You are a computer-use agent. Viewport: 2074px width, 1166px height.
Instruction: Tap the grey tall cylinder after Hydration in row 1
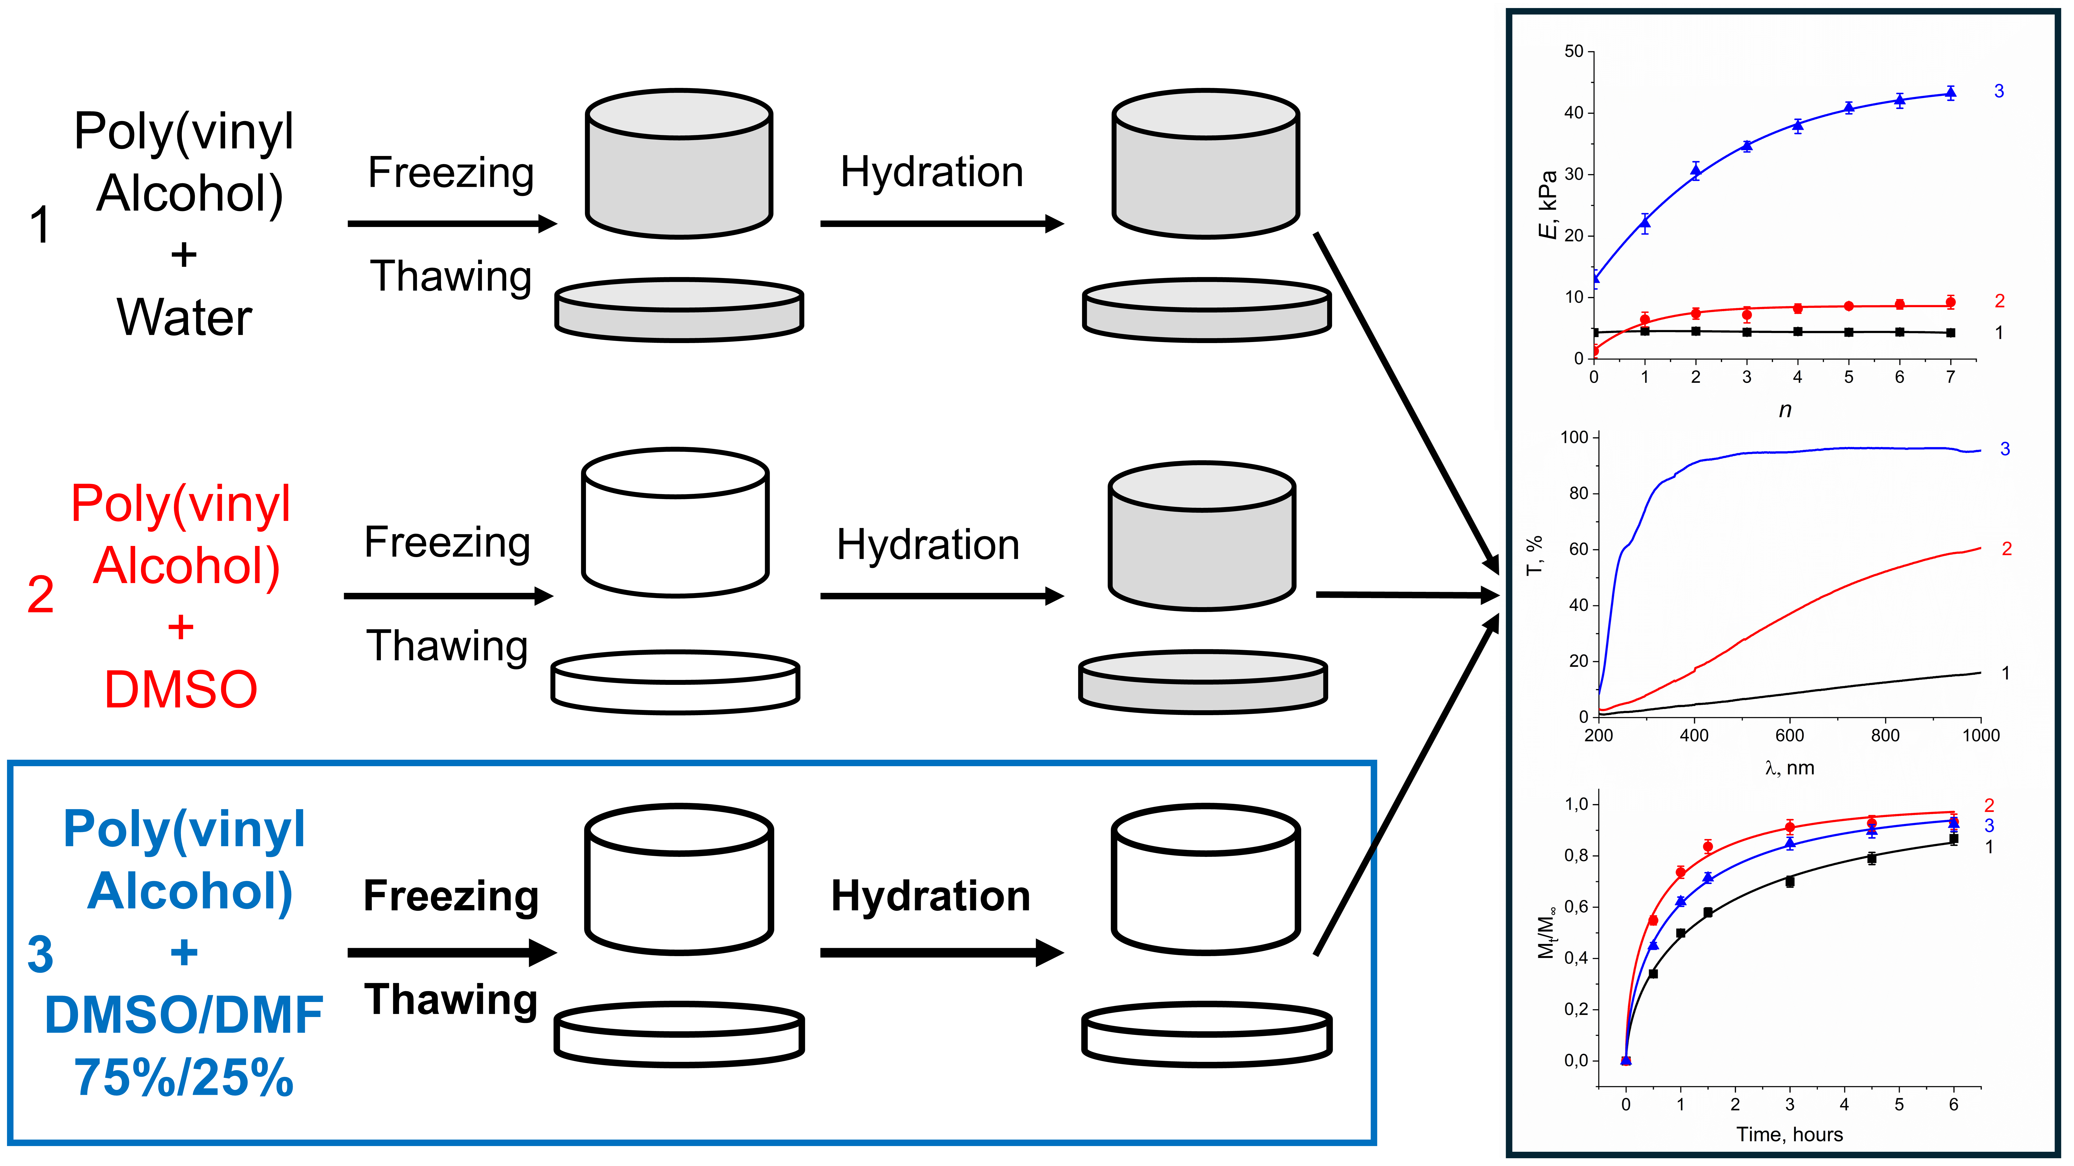click(x=1205, y=164)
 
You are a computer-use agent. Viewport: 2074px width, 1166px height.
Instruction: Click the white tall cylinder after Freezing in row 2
click(x=675, y=523)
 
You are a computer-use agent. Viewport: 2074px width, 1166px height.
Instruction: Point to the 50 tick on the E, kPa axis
click(x=1573, y=52)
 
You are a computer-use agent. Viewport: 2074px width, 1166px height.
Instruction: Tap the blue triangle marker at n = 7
click(x=1950, y=93)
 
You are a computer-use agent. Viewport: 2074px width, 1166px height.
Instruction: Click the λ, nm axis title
click(x=1789, y=768)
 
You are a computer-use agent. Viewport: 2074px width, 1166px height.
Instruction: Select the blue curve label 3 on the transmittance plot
click(x=2005, y=449)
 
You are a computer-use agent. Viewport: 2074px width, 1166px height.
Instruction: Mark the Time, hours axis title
click(x=1789, y=1134)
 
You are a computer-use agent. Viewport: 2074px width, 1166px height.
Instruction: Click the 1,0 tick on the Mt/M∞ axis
click(x=1576, y=804)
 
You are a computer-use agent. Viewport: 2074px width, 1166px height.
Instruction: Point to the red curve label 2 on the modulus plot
click(x=1999, y=301)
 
